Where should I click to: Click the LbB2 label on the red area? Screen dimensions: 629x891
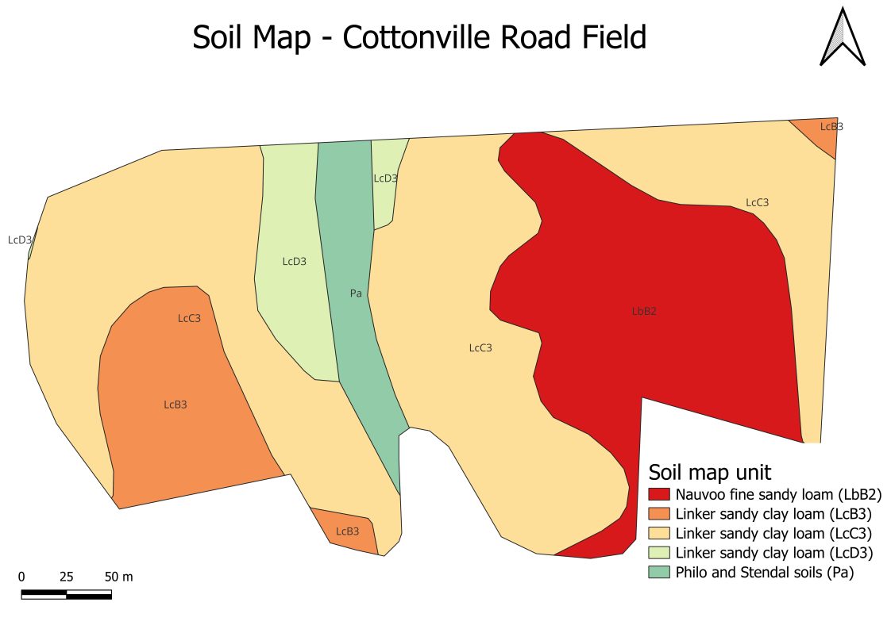[644, 312]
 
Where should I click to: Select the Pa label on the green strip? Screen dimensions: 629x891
[356, 293]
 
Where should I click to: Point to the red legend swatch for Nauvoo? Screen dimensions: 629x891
[659, 493]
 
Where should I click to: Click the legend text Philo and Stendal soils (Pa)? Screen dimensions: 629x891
[764, 572]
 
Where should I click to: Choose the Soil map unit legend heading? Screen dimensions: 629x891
[709, 472]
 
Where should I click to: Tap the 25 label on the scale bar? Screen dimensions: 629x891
[67, 577]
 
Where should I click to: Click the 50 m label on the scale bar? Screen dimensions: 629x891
[118, 577]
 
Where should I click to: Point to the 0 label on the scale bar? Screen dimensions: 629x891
[21, 577]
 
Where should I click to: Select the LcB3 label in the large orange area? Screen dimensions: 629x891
[175, 405]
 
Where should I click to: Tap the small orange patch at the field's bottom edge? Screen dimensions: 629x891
[345, 529]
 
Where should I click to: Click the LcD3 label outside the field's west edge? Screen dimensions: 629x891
[20, 240]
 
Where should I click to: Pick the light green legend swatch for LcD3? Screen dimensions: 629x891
[659, 552]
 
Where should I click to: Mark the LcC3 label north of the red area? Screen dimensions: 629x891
[757, 202]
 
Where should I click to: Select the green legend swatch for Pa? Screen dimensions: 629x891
[659, 572]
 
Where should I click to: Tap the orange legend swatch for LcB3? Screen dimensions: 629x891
[659, 513]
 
